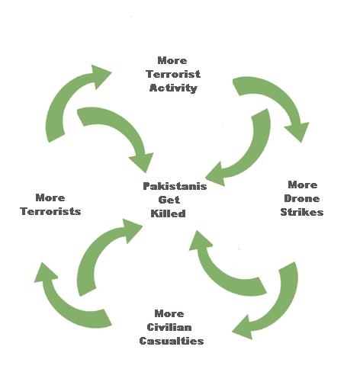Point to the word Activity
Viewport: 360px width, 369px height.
pyautogui.click(x=173, y=88)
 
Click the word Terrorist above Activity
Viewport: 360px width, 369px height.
pyautogui.click(x=172, y=74)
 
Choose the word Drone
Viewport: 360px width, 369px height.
pyautogui.click(x=302, y=198)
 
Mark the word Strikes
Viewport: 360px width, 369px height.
pyautogui.click(x=302, y=212)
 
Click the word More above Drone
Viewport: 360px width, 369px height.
pyautogui.click(x=302, y=184)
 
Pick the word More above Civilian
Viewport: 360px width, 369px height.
pyautogui.click(x=169, y=313)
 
